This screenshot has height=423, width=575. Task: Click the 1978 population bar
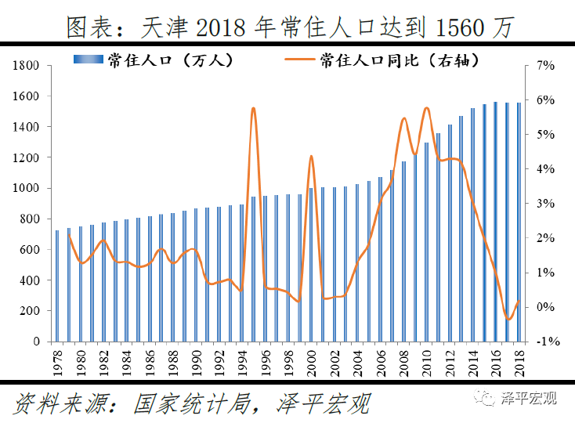57,286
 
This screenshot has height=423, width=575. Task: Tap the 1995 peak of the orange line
253,109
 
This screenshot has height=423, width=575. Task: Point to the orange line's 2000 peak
311,157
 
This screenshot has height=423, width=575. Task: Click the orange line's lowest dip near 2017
508,320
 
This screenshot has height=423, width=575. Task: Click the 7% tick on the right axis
544,66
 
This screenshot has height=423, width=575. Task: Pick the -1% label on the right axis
544,342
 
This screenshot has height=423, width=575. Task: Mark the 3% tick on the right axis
544,204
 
